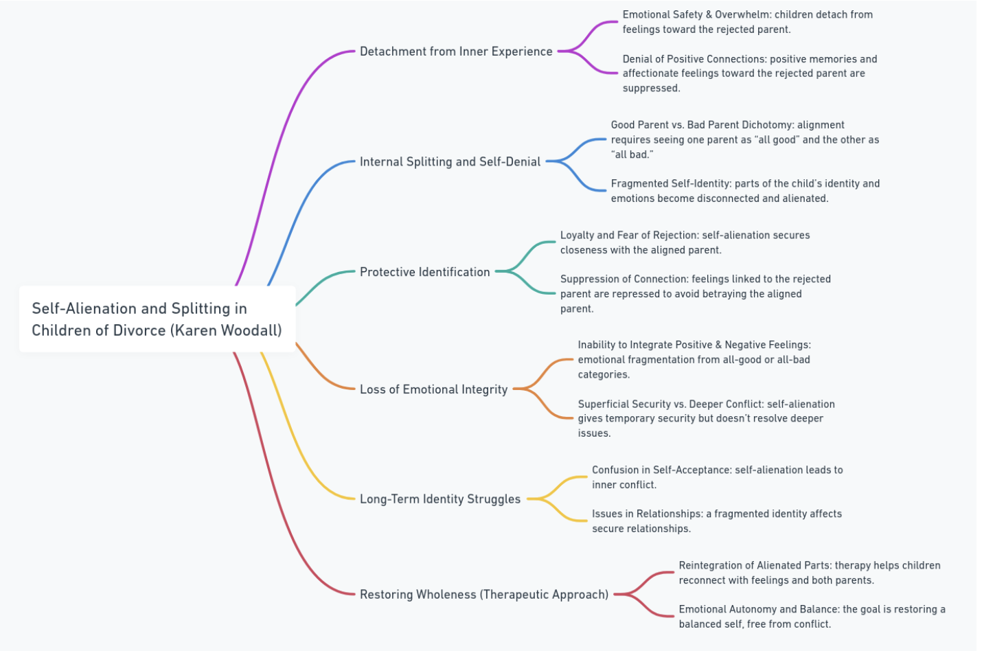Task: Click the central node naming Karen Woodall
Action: (x=157, y=319)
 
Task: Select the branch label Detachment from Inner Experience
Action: (x=456, y=52)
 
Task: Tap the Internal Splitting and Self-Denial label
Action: (x=450, y=162)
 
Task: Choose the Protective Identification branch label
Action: (x=424, y=272)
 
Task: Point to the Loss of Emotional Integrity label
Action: (x=433, y=389)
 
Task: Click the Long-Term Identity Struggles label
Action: (x=439, y=499)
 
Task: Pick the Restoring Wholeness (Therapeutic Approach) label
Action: (x=483, y=595)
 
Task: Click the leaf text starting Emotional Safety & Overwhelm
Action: (x=747, y=22)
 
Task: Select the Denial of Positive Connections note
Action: (x=749, y=73)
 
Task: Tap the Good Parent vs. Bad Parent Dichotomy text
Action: (x=744, y=139)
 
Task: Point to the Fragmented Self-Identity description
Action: (x=744, y=191)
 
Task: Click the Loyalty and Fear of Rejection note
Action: (x=685, y=242)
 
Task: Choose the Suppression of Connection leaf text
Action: (x=695, y=294)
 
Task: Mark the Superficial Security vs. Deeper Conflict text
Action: (x=706, y=418)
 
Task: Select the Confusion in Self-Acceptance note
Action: (x=717, y=477)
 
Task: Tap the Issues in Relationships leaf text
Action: (x=716, y=521)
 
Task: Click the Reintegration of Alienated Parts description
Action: (x=809, y=573)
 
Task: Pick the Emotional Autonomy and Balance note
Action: (x=812, y=617)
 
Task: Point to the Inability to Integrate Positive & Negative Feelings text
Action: (x=694, y=359)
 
